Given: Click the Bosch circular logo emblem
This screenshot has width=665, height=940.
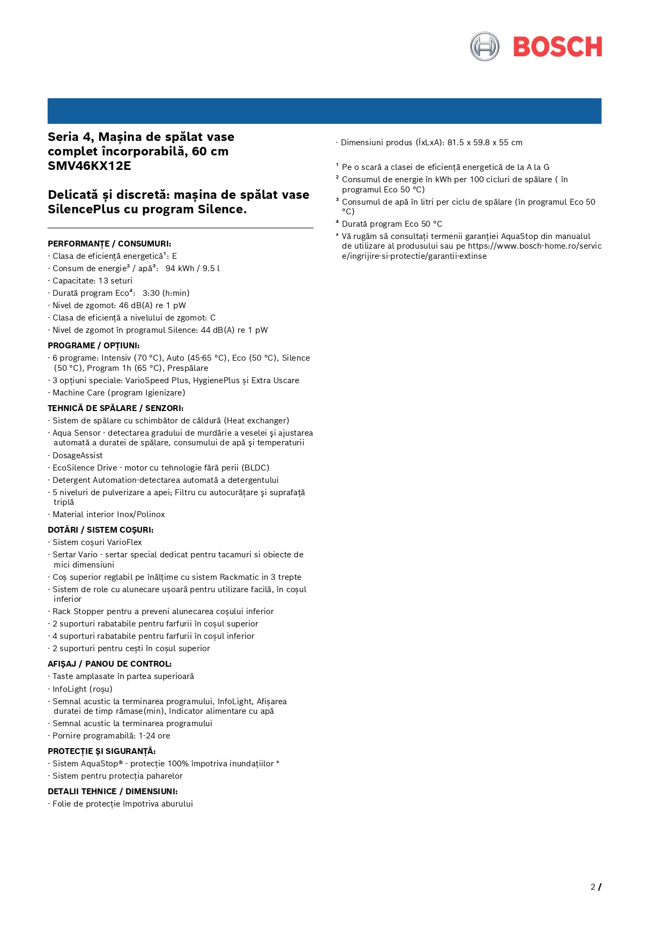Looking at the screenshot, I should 484,47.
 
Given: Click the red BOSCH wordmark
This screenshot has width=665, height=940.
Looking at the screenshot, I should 557,47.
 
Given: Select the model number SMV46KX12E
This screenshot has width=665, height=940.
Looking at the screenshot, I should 89,166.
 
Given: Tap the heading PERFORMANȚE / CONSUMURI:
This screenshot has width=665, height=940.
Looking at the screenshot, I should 109,244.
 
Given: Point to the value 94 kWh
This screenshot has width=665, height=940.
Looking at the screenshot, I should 180,268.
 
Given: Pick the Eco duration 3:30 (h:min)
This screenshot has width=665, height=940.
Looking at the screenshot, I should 166,293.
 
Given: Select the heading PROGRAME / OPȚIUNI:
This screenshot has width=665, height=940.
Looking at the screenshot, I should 94,346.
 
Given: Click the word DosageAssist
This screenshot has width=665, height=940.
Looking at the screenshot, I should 78,456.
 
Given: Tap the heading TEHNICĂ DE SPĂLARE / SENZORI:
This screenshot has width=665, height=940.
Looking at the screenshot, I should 116,408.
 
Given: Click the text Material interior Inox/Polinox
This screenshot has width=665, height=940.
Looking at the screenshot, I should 109,514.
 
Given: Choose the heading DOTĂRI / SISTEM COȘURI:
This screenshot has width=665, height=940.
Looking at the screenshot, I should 101,530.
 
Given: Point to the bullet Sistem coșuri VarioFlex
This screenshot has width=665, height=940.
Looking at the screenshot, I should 97,542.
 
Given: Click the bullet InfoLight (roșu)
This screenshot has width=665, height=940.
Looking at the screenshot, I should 83,689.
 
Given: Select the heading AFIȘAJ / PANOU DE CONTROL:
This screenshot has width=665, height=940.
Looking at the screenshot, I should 110,664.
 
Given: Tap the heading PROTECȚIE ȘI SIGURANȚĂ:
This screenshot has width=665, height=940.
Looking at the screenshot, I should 102,751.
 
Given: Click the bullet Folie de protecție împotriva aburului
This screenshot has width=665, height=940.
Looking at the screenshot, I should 123,804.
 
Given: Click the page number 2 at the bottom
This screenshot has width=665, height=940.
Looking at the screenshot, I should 593,887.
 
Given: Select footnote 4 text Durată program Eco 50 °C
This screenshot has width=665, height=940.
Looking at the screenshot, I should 392,224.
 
